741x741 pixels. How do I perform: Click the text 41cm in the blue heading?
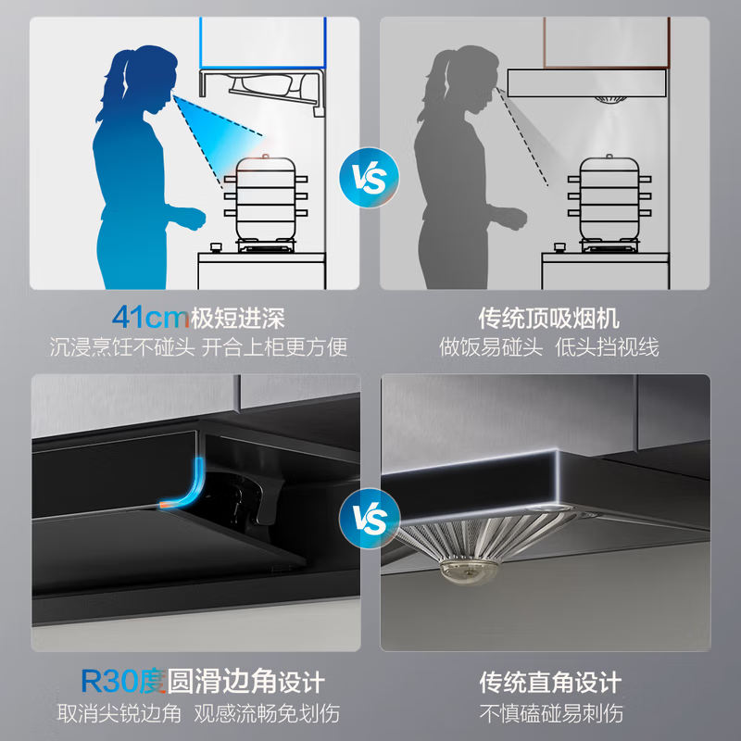(x=150, y=318)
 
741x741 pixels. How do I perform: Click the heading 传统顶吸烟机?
(x=549, y=318)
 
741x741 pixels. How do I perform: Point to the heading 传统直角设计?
(x=549, y=683)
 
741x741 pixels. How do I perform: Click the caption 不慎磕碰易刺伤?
(x=549, y=713)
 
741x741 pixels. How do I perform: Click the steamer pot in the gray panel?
(x=607, y=199)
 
